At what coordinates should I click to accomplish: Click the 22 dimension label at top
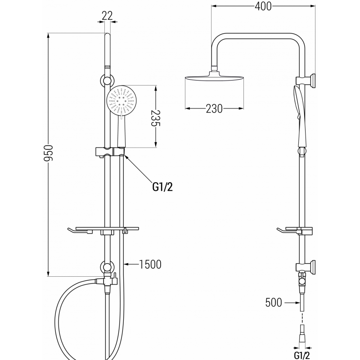point(107,16)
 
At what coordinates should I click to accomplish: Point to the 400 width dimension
point(263,6)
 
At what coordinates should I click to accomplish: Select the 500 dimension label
point(273,302)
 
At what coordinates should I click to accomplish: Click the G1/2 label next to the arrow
point(162,186)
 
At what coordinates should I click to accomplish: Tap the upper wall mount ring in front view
point(107,81)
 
